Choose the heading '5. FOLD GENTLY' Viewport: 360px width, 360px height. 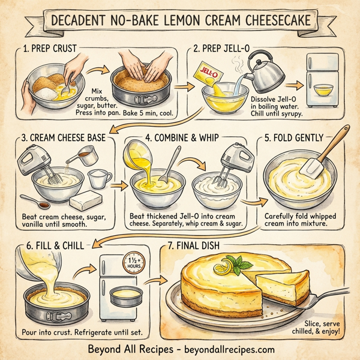point(299,137)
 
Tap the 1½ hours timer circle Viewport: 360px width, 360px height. point(130,262)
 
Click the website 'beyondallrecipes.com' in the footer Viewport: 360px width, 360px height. point(224,349)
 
